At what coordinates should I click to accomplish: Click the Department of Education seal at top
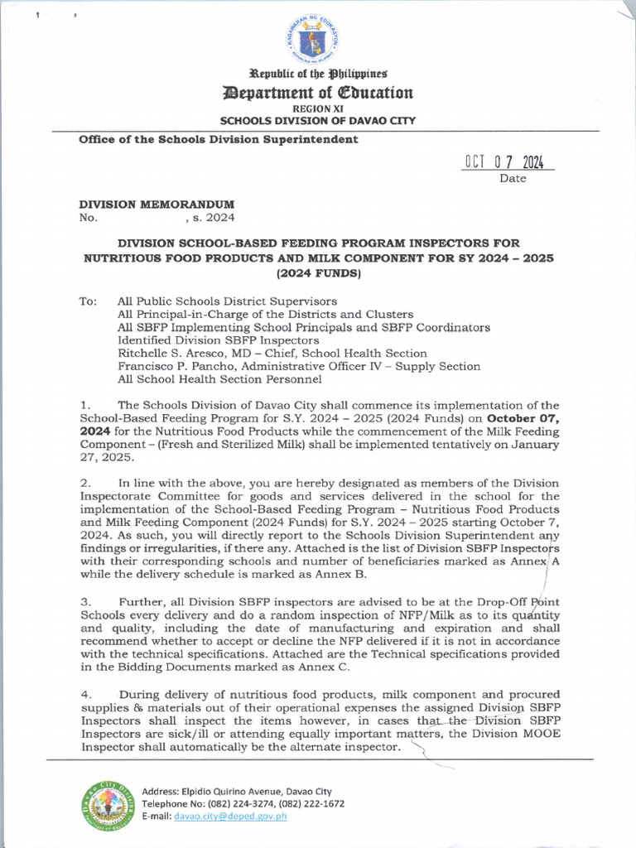(318, 37)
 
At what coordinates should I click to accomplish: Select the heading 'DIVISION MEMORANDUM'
(157, 204)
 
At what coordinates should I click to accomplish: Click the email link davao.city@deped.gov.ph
(238, 817)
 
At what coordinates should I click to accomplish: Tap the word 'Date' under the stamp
(513, 179)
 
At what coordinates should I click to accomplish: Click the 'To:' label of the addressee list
(88, 301)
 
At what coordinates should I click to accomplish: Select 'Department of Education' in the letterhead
(318, 92)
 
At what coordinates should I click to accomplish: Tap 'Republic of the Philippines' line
(318, 74)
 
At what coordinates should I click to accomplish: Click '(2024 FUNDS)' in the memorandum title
(318, 272)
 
